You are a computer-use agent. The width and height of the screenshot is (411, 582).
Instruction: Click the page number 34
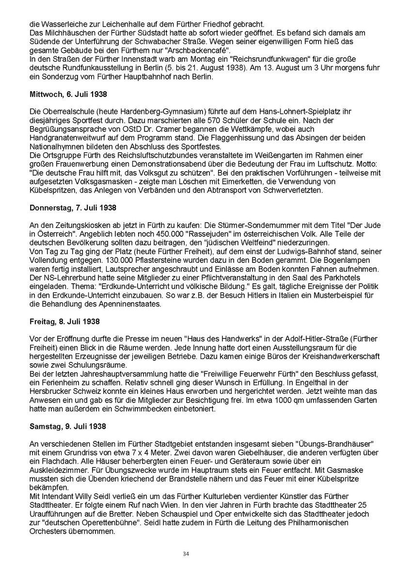click(186, 554)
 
